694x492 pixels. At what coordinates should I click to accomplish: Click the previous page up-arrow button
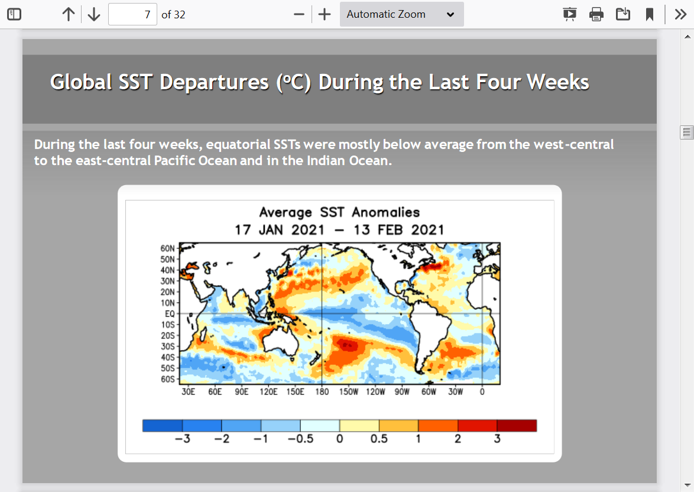coord(69,15)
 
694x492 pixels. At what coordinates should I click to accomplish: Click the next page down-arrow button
coord(94,15)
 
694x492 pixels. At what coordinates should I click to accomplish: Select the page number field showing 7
coord(132,15)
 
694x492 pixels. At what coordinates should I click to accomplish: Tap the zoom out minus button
coord(299,15)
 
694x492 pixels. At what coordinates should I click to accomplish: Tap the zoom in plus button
coord(325,15)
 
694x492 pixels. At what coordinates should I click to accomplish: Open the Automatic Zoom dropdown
coord(401,14)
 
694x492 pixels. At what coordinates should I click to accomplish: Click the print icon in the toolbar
coord(596,15)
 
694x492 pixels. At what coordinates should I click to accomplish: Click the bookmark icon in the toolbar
coord(649,15)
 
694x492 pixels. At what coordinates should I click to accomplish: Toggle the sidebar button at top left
coord(14,14)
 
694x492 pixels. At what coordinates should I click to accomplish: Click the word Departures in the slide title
coord(214,82)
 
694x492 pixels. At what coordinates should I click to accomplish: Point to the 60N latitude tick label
coord(168,248)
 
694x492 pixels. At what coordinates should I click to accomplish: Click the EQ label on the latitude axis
coord(170,314)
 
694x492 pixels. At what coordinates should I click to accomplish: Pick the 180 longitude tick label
coord(322,392)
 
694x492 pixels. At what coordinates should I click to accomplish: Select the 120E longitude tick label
coord(268,392)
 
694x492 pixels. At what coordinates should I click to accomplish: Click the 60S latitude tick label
coord(168,379)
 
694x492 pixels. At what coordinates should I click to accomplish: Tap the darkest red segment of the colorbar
coord(517,426)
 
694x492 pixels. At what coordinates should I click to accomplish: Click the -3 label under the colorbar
coord(182,439)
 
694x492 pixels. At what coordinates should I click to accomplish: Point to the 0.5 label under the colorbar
coord(379,439)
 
